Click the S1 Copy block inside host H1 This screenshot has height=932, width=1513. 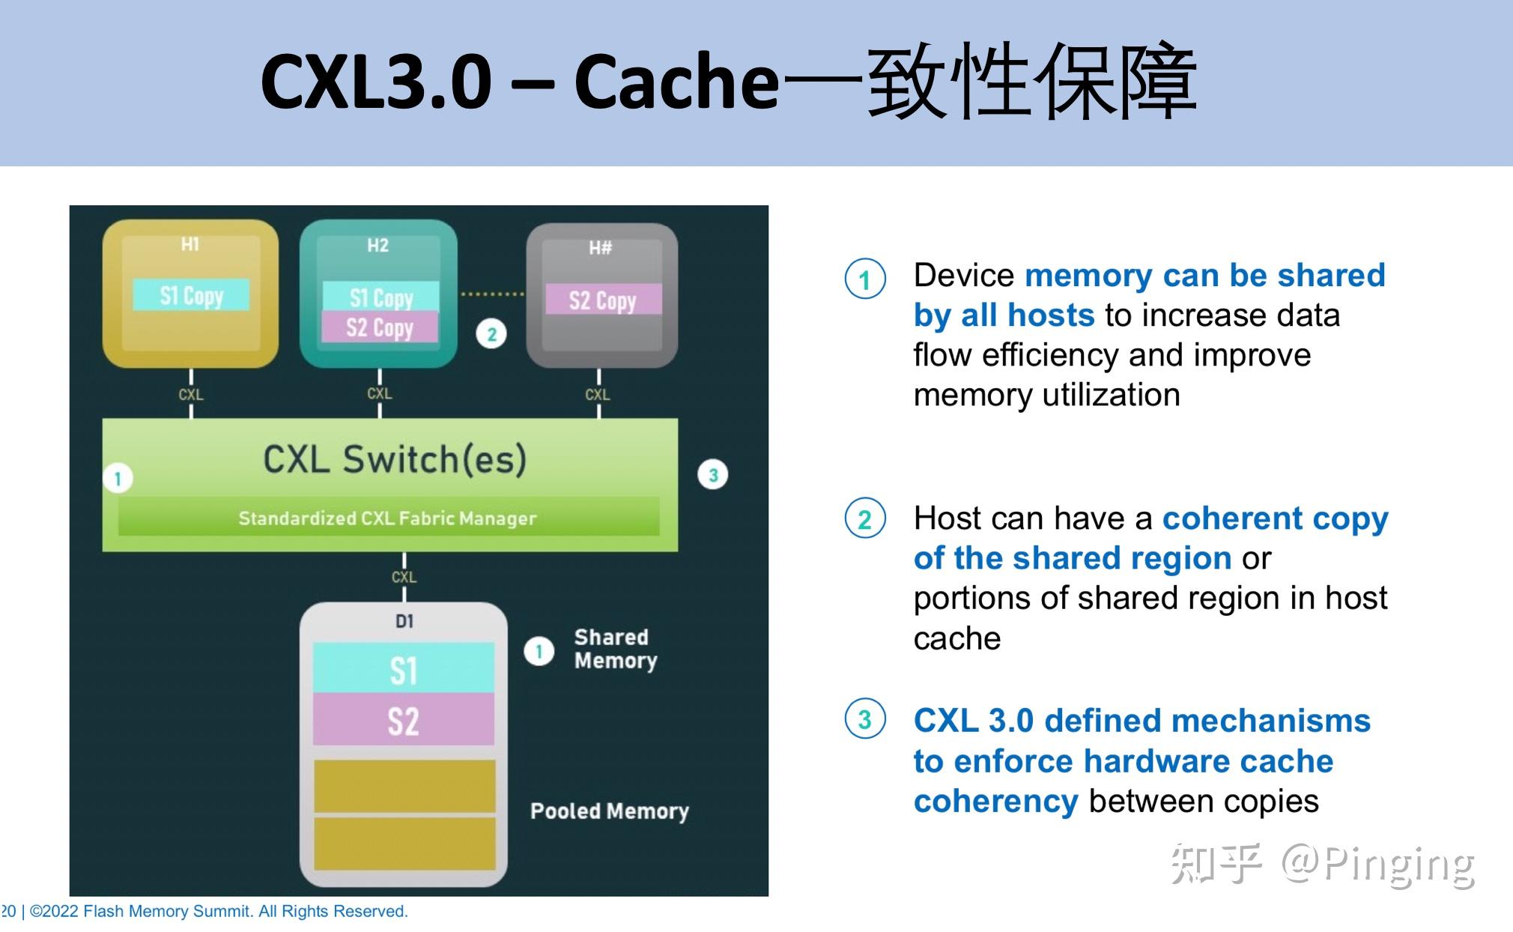191,295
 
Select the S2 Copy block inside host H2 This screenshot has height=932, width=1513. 380,327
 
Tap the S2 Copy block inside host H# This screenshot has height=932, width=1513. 603,300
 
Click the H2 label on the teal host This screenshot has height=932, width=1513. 378,245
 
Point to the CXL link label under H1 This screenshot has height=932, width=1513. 191,394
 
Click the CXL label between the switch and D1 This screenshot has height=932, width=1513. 404,577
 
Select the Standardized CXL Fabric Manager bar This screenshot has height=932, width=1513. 388,518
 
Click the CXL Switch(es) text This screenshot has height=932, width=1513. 395,459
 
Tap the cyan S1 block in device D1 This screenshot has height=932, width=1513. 404,669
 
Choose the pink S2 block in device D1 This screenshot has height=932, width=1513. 404,720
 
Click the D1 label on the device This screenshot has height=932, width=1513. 404,621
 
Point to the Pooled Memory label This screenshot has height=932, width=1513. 609,811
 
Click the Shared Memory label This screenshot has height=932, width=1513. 614,649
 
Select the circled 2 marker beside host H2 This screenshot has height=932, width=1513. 491,334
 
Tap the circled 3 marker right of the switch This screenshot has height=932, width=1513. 712,475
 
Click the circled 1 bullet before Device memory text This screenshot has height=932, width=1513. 865,279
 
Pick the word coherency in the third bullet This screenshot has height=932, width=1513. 995,802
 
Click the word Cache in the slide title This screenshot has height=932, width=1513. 676,81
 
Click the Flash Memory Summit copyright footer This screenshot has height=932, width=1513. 217,911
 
